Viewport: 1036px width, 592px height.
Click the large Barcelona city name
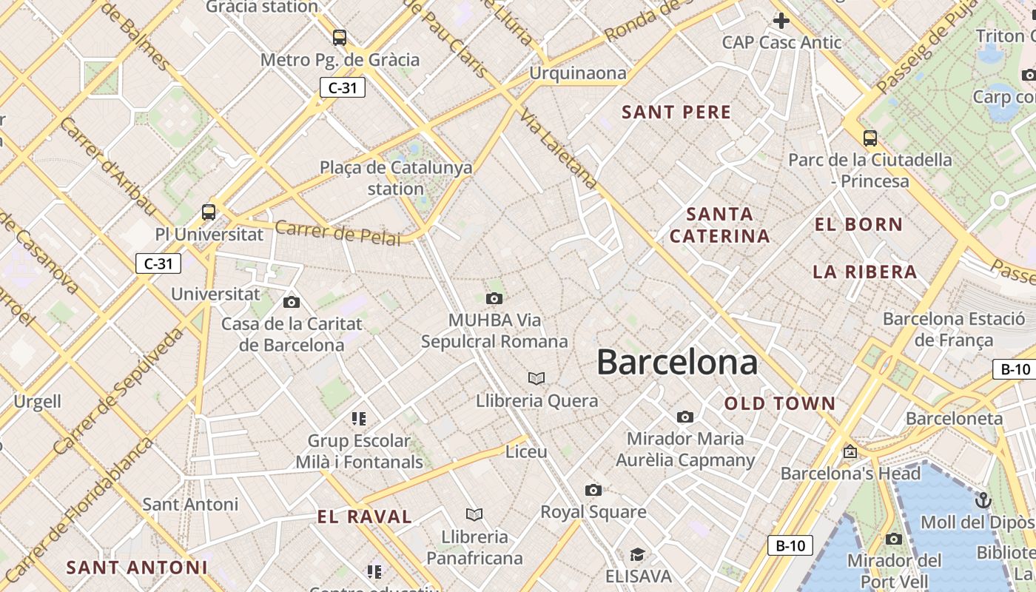point(677,363)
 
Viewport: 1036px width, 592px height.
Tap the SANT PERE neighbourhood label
point(676,112)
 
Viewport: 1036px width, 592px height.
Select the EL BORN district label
point(858,224)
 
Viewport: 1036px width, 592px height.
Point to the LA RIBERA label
point(865,272)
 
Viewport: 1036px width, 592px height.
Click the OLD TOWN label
point(780,403)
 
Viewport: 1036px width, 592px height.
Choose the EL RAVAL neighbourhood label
point(364,517)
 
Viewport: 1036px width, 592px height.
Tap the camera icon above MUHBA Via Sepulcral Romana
point(494,298)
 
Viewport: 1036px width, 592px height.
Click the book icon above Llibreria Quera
point(536,379)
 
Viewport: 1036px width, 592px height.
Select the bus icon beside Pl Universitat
point(209,212)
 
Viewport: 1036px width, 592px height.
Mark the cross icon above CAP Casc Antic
point(781,21)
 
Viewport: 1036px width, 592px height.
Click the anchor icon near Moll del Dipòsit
point(983,500)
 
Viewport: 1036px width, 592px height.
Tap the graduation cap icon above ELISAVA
point(637,554)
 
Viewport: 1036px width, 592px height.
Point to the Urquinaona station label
point(578,73)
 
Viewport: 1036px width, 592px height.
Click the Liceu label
point(526,451)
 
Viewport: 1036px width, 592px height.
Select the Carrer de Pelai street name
point(337,233)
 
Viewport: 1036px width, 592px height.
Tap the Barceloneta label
point(954,418)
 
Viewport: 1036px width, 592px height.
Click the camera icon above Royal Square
point(593,490)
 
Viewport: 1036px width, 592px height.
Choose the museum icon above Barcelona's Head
point(850,451)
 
